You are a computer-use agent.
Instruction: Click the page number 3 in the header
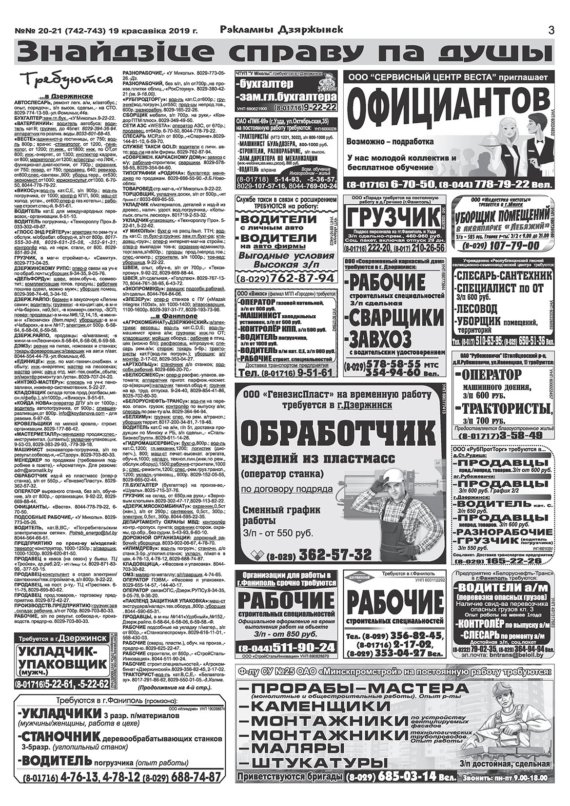[x=551, y=30]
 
